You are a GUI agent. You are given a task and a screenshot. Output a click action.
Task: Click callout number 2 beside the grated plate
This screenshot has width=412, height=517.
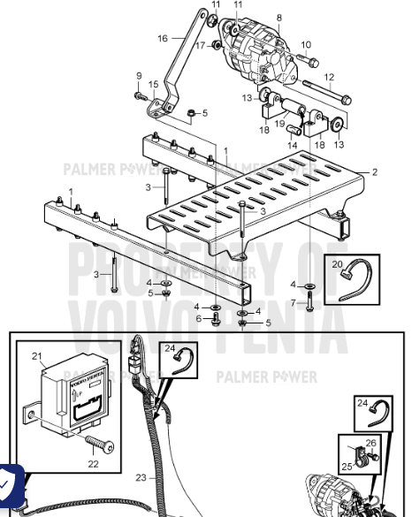pyautogui.click(x=374, y=172)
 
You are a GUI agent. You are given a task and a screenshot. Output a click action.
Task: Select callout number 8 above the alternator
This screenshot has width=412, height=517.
pyautogui.click(x=279, y=17)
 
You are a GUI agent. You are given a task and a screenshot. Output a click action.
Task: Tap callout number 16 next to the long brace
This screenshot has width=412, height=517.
pyautogui.click(x=163, y=39)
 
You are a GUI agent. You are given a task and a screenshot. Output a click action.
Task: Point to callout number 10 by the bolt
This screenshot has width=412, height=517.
pyautogui.click(x=307, y=44)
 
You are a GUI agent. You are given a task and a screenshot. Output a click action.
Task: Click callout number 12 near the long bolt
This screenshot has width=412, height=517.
pyautogui.click(x=329, y=77)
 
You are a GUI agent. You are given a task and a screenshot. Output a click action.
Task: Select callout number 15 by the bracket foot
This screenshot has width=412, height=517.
pyautogui.click(x=153, y=85)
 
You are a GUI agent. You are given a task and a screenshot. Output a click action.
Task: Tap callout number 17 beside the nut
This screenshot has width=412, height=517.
pyautogui.click(x=200, y=44)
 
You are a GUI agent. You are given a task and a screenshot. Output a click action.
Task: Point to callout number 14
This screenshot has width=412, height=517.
pyautogui.click(x=291, y=144)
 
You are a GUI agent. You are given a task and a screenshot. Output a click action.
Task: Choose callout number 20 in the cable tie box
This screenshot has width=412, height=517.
pyautogui.click(x=337, y=263)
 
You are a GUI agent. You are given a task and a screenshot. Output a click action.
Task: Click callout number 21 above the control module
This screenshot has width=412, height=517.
pyautogui.click(x=37, y=356)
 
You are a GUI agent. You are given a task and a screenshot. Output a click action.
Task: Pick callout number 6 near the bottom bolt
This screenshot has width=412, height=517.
pyautogui.click(x=198, y=319)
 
